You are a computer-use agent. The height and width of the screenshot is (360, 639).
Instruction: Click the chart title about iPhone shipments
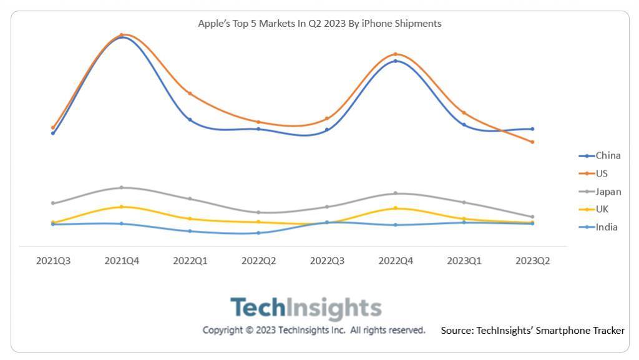point(319,24)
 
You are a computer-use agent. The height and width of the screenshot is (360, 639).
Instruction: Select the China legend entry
point(600,156)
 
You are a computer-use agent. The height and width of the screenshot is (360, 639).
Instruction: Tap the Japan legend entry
point(600,192)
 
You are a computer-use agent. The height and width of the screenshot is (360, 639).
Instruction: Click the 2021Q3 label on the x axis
point(53,261)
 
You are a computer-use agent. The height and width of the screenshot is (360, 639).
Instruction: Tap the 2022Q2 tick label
point(258,261)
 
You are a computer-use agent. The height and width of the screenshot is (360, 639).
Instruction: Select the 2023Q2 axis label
point(532,261)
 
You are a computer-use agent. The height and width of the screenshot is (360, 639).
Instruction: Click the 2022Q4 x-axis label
point(396,261)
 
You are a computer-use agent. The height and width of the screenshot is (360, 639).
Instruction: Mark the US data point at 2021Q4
point(122,35)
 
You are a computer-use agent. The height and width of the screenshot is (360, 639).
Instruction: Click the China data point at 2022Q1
point(190,119)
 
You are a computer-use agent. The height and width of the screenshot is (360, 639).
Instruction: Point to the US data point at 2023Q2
point(532,142)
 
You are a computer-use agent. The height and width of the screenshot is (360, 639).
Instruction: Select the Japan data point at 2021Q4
point(122,187)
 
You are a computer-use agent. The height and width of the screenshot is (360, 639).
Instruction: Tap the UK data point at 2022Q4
point(396,208)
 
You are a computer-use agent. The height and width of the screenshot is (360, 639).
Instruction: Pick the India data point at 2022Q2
point(258,233)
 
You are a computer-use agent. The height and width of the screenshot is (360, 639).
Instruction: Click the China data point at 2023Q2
point(532,129)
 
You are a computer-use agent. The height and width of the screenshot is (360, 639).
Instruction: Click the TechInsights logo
point(306,308)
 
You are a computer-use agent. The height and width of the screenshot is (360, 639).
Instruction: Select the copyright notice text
point(314,330)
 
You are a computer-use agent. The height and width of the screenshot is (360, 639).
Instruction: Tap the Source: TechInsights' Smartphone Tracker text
point(532,331)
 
